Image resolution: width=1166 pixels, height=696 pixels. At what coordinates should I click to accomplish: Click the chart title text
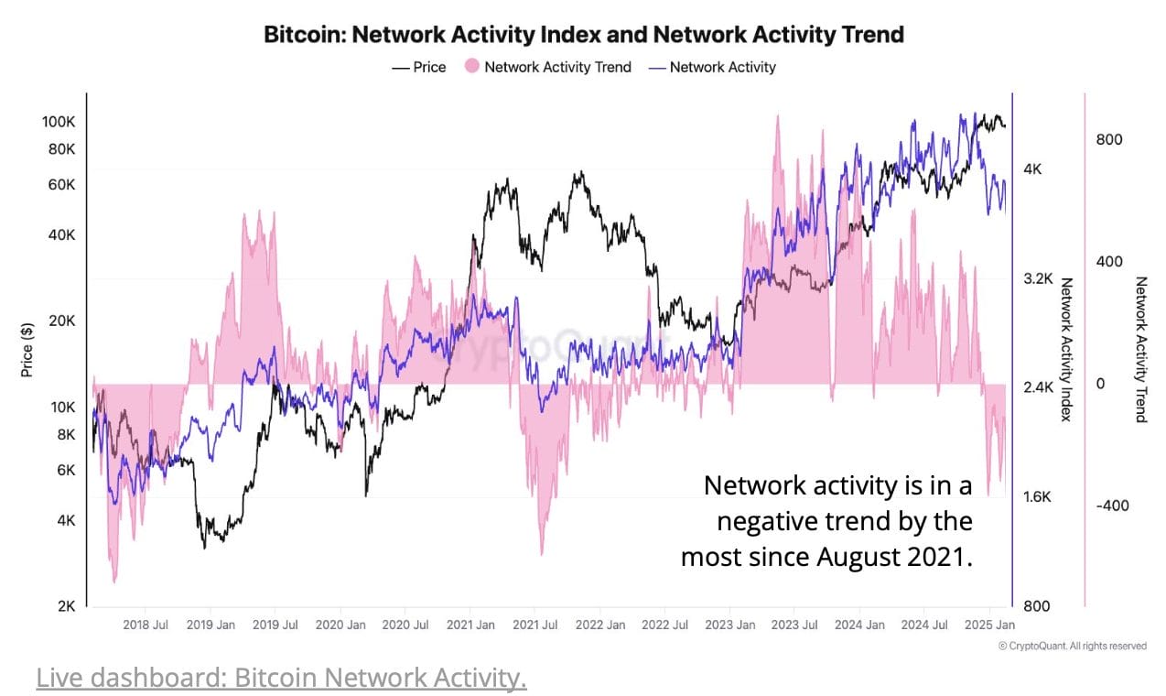[583, 35]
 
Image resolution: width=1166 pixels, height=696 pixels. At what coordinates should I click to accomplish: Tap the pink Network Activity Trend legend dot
[472, 67]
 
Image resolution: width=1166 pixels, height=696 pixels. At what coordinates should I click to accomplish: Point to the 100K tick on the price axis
[59, 123]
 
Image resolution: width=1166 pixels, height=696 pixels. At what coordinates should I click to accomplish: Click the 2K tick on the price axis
[66, 606]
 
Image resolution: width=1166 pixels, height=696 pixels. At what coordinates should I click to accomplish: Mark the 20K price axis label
[61, 321]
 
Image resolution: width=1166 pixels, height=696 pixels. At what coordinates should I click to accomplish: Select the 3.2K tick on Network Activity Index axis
[1039, 278]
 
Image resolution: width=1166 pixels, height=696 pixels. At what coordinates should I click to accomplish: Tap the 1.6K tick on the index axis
[1039, 497]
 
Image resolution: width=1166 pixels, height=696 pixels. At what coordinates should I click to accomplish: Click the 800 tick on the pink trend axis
[1108, 139]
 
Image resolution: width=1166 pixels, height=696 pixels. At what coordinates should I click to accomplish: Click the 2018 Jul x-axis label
[146, 625]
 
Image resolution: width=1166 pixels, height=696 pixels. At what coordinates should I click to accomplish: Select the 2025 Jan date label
[989, 625]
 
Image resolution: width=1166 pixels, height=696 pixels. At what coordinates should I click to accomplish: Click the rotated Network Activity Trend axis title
[1140, 349]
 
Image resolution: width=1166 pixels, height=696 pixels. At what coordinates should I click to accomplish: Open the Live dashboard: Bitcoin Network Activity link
[281, 679]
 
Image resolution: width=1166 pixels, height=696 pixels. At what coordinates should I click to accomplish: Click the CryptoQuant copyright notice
[1072, 647]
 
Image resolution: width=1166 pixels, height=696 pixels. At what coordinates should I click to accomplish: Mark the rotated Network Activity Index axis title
[1066, 349]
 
